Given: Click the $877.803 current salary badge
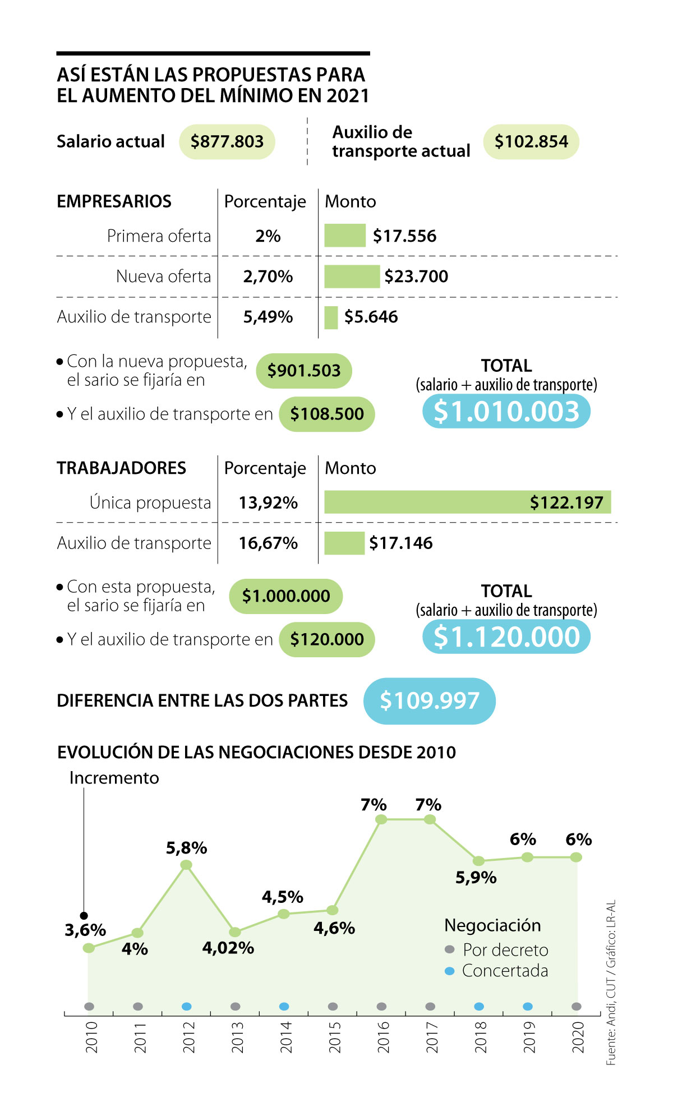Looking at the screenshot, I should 227,142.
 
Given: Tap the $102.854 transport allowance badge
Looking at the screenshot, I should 531,142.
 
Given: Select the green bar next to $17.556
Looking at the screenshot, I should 345,236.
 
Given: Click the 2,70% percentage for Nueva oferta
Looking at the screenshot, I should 268,276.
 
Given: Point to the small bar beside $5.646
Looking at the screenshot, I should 331,317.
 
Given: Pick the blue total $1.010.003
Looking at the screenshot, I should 506,412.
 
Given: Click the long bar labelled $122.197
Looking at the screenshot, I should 467,502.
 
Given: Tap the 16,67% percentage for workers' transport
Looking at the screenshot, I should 268,543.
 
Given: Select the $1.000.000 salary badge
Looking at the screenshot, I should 285,596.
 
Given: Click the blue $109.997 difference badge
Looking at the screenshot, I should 430,701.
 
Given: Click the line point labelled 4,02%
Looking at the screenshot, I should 236,932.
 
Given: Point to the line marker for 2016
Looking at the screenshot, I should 381,819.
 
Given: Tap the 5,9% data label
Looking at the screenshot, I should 476,878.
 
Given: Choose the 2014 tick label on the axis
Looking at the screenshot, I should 285,1037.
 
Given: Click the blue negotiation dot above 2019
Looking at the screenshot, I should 528,1007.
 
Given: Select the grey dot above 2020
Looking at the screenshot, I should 577,1007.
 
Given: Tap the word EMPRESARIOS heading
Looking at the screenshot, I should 114,201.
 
